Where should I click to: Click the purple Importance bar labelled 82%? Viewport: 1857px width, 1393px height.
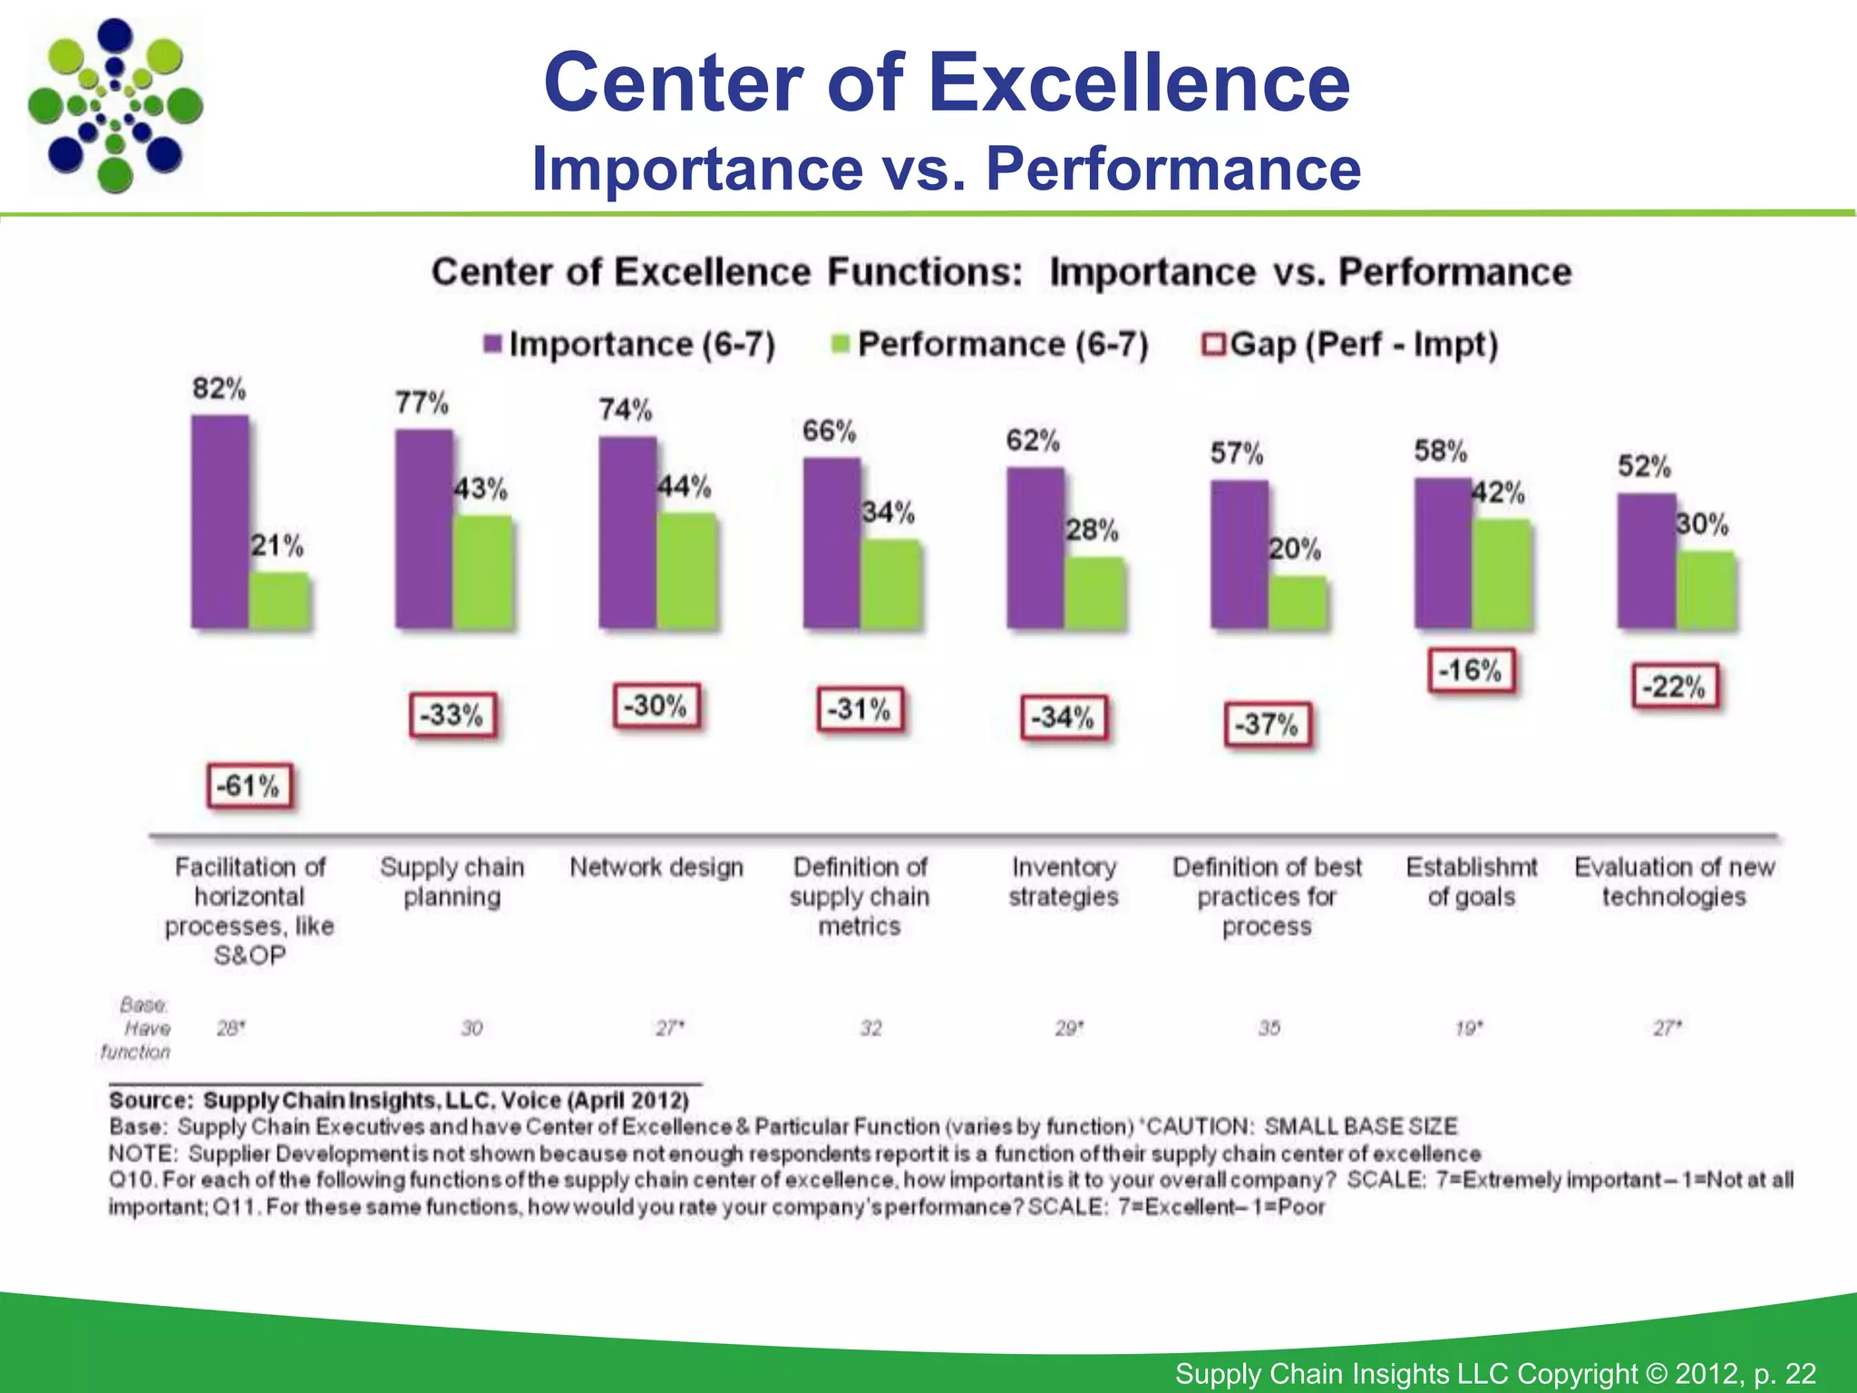pos(219,521)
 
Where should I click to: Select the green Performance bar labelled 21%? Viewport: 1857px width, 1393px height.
pos(279,599)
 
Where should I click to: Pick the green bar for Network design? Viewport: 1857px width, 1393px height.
pos(686,570)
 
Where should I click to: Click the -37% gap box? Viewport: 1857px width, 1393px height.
pos(1267,725)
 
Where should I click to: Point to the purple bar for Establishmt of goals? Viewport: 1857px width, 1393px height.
pos(1443,552)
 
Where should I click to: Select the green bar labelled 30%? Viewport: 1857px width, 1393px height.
pos(1706,589)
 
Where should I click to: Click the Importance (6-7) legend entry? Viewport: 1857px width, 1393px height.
pos(631,345)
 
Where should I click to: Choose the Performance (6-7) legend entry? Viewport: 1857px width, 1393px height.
pos(990,345)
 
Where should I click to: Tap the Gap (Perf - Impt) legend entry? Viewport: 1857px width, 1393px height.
pos(1350,345)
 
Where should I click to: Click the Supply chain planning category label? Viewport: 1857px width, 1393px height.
pos(452,882)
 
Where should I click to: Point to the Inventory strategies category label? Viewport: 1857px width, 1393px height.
pos(1063,882)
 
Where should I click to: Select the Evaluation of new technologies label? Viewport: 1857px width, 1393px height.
pos(1674,882)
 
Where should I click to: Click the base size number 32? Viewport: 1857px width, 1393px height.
pos(870,1028)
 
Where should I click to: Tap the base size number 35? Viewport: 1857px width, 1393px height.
pos(1269,1028)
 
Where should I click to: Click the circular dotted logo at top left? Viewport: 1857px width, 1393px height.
pos(115,106)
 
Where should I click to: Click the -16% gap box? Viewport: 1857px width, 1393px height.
pos(1471,671)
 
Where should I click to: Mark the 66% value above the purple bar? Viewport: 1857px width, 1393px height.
pos(829,431)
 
